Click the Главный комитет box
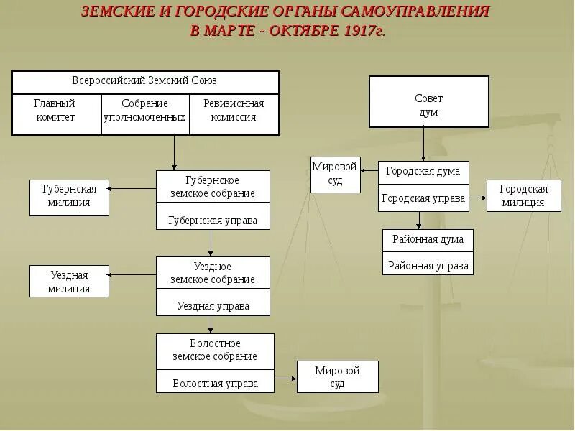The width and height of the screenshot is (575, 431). click(x=55, y=110)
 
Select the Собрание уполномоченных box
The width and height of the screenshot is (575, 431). click(x=144, y=110)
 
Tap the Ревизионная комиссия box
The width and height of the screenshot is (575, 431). click(x=234, y=110)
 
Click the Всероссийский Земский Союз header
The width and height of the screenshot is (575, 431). click(x=144, y=80)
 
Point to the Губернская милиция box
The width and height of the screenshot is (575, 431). click(x=70, y=196)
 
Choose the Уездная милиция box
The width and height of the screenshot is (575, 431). click(x=70, y=282)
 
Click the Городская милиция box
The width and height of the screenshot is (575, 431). click(x=523, y=196)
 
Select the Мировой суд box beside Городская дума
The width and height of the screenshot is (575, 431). click(x=334, y=174)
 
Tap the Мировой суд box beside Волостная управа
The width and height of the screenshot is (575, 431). click(x=337, y=377)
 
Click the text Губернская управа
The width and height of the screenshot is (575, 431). click(x=213, y=221)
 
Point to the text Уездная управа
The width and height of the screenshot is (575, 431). click(x=213, y=306)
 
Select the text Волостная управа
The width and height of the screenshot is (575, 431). click(x=215, y=384)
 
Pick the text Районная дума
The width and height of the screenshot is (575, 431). click(x=428, y=239)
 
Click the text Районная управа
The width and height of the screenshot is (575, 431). click(x=428, y=266)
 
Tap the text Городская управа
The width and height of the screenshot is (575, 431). click(x=423, y=198)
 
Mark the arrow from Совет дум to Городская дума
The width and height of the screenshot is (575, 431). click(x=424, y=144)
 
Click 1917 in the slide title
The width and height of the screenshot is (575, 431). click(x=360, y=31)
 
